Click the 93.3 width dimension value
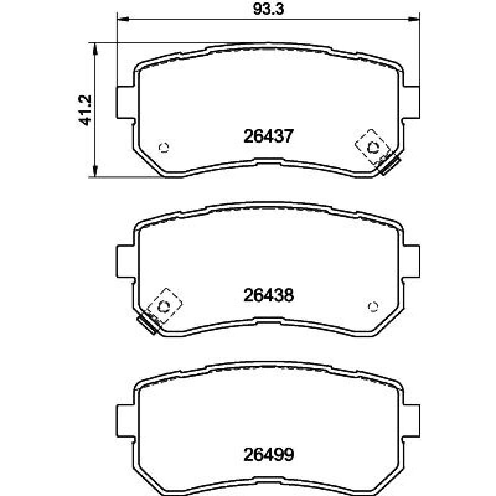(268, 9)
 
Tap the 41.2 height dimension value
(85, 110)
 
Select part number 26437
(268, 136)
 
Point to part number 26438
(268, 295)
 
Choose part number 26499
(268, 454)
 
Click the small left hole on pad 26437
(164, 147)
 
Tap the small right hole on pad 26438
(373, 306)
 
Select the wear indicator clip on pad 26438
(160, 311)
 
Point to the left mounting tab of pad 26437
(126, 102)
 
